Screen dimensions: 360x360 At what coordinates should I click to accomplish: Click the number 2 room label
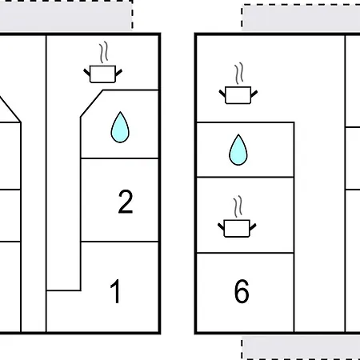[x=126, y=202]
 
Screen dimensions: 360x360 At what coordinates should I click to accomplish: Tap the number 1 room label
[x=115, y=291]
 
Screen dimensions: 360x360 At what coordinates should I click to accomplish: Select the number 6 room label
[x=242, y=291]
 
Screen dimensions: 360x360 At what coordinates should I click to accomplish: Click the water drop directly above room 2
[x=120, y=127]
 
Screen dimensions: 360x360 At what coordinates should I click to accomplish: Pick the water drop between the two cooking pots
[x=238, y=150]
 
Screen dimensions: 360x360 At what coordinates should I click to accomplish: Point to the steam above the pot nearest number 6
[x=238, y=206]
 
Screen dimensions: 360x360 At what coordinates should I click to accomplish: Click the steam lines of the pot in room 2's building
[x=104, y=52]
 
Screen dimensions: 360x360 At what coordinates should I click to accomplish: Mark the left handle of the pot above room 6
[x=221, y=226]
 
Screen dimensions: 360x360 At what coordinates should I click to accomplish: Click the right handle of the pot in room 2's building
[x=119, y=72]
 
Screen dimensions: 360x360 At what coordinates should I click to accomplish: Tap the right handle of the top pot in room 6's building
[x=254, y=94]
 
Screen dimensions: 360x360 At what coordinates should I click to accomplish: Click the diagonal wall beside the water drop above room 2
[x=92, y=103]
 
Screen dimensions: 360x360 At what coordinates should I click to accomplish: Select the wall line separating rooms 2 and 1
[x=120, y=242]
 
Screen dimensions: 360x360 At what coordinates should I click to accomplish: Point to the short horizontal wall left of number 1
[x=63, y=290]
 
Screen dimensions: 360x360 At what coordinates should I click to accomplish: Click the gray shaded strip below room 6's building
[x=302, y=347]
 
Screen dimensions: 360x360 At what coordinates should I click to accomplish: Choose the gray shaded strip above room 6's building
[x=302, y=18]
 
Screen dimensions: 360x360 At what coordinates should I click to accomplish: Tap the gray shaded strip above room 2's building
[x=66, y=16]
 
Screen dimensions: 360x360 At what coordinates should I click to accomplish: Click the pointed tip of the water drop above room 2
[x=120, y=112]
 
